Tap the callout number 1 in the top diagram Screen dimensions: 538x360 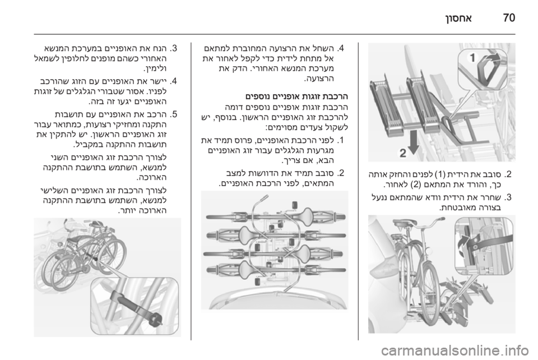point(472,58)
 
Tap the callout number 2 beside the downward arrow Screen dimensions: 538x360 point(403,153)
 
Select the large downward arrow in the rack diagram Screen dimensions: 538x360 point(414,142)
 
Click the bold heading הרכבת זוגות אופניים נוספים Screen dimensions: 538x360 point(296,96)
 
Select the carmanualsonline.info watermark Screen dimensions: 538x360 point(454,350)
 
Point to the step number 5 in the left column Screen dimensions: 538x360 point(173,114)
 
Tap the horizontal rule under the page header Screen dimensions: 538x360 point(275,34)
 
